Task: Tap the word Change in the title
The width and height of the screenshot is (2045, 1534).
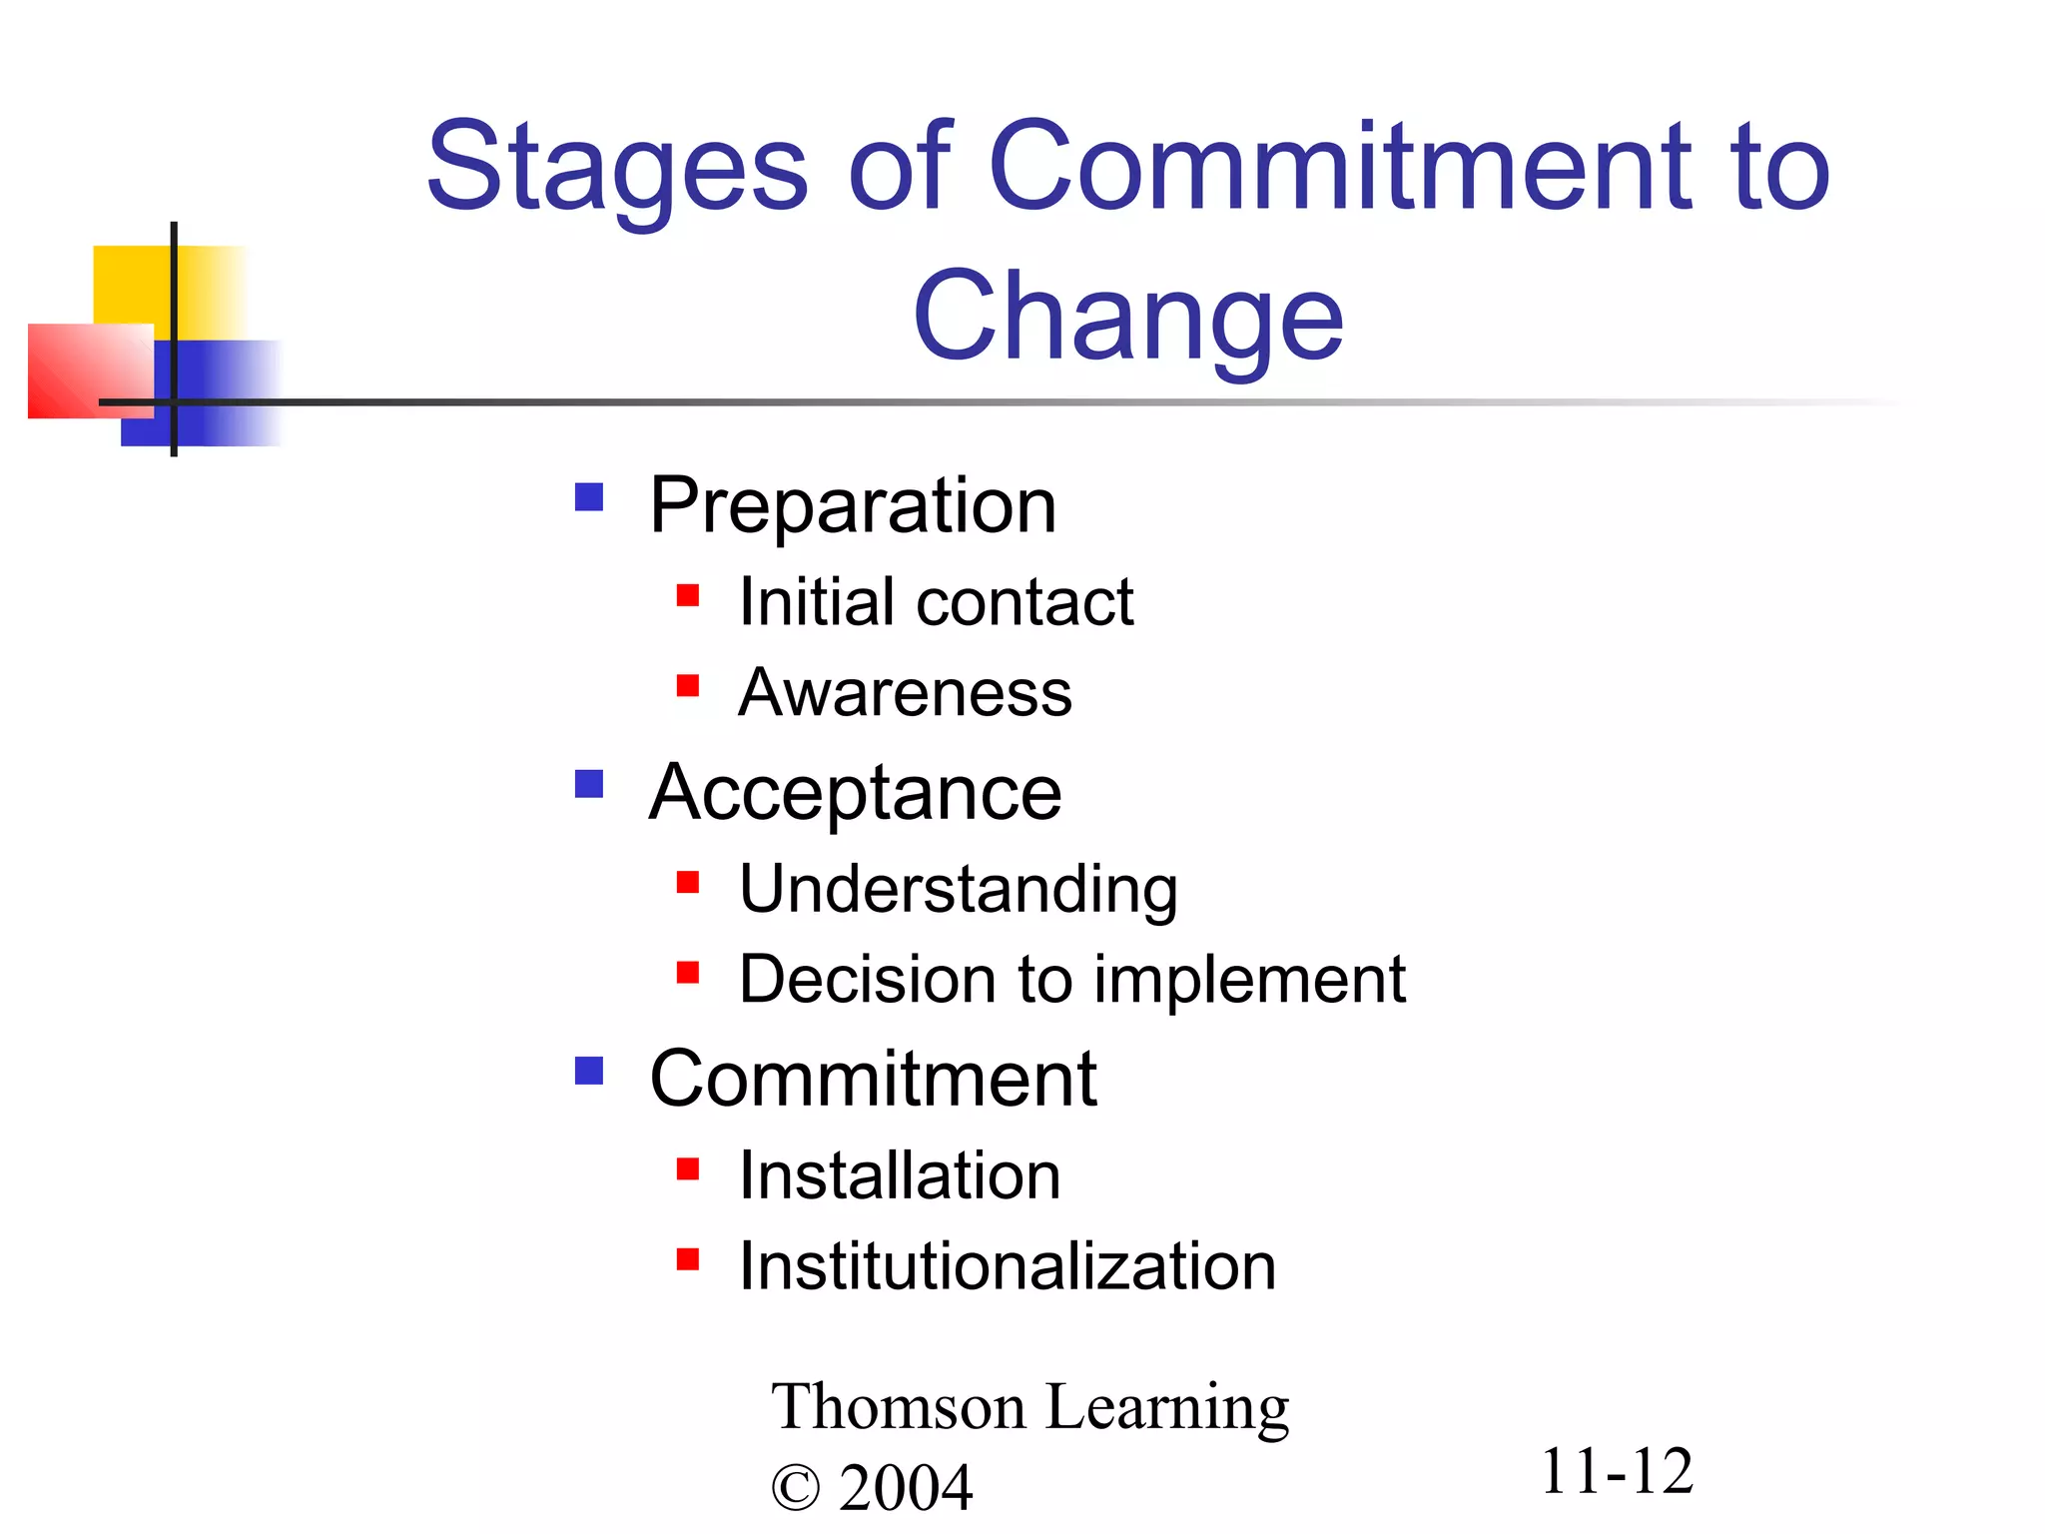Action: tap(1127, 318)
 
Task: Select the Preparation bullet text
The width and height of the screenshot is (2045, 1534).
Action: tap(852, 505)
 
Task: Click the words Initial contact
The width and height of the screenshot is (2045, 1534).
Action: tap(936, 602)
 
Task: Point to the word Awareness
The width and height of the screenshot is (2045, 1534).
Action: tap(905, 692)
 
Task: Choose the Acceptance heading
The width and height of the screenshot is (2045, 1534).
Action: tap(855, 793)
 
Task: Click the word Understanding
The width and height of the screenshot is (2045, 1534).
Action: tap(958, 889)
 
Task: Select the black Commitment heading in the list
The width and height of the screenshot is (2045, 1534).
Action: tap(873, 1080)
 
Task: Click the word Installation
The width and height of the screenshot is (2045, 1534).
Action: tap(899, 1175)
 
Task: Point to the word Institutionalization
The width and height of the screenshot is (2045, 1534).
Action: tap(1007, 1266)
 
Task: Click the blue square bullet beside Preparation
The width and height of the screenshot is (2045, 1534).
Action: tap(589, 496)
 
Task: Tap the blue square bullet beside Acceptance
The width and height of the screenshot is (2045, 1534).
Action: tap(589, 784)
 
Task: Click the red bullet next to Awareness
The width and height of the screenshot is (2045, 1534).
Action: tap(687, 685)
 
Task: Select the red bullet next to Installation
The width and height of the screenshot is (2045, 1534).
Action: tap(687, 1168)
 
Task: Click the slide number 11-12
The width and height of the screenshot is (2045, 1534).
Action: tap(1616, 1471)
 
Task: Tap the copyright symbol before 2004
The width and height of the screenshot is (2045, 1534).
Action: tap(795, 1489)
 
